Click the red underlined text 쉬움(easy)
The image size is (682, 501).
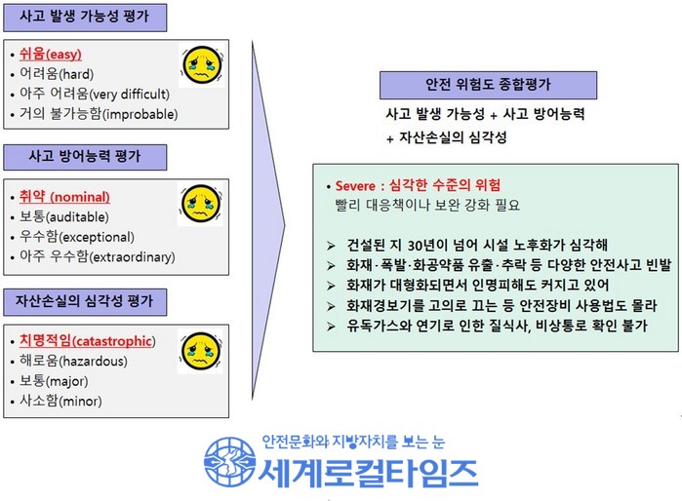51,54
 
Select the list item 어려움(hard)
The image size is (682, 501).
57,74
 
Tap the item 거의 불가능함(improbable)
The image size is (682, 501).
99,114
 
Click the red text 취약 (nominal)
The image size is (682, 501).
64,196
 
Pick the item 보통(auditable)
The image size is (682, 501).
64,216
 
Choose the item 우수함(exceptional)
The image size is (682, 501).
77,237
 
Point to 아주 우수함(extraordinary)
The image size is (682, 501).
98,256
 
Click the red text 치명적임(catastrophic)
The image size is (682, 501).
88,341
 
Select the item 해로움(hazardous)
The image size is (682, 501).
73,361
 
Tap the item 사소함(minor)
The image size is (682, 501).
60,401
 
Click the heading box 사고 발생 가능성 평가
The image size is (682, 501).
85,18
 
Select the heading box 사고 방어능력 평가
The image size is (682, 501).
85,157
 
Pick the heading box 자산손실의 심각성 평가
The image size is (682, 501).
85,302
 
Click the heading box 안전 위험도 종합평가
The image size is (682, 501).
488,85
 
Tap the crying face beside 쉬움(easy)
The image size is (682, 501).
202,65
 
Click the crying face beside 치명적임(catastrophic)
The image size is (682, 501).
201,351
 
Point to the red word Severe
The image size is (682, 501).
355,186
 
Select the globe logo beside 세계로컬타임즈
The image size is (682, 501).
229,461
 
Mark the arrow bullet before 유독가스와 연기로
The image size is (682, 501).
331,326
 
